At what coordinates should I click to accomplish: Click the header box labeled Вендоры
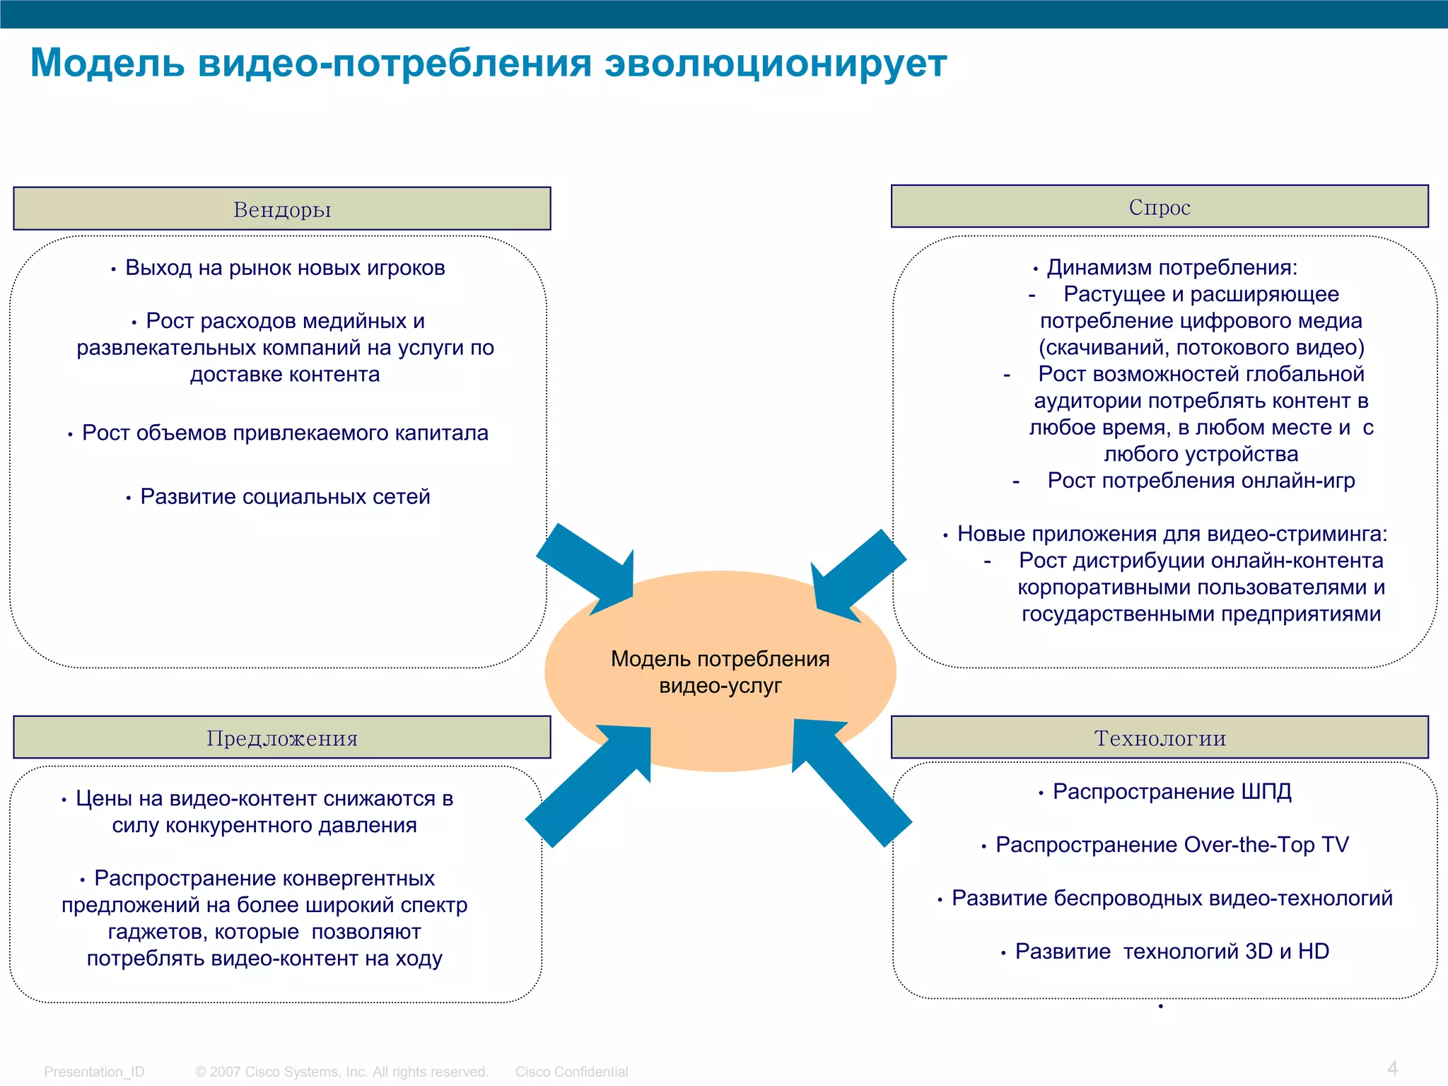click(281, 209)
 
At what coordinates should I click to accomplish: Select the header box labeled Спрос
click(1160, 206)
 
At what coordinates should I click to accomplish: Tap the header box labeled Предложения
click(281, 737)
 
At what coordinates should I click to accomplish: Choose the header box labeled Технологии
click(1160, 737)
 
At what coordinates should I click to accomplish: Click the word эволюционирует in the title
click(776, 63)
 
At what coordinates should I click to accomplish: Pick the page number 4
click(1392, 1068)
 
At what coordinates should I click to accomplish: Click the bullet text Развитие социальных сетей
click(285, 496)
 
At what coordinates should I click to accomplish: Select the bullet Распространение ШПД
click(1172, 791)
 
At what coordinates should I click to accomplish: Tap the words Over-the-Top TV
click(1266, 844)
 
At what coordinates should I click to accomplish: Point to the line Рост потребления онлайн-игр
click(1201, 481)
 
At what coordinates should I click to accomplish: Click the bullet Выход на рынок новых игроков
click(285, 268)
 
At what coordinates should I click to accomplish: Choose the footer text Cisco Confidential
click(571, 1072)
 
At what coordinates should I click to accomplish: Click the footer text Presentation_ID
click(94, 1072)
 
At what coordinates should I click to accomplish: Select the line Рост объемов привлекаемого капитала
click(285, 433)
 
